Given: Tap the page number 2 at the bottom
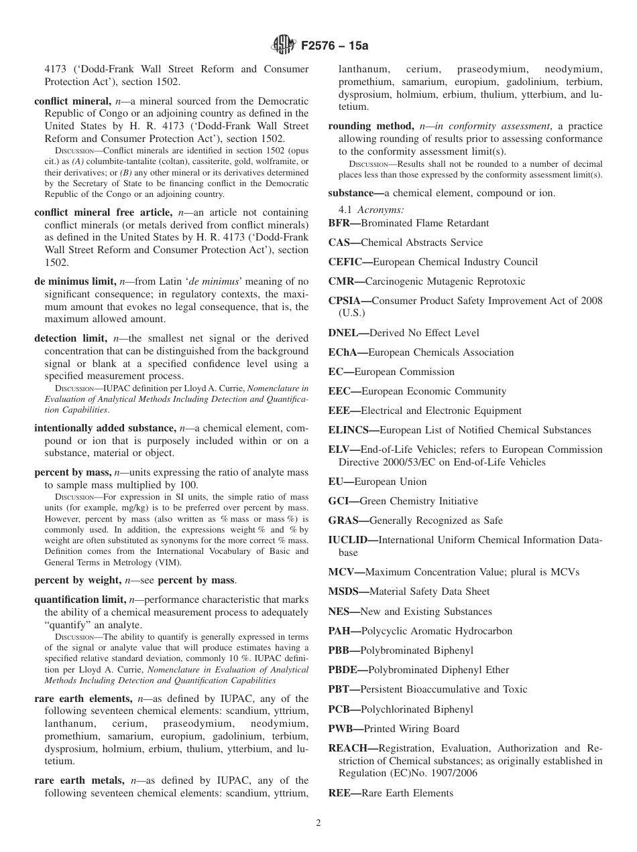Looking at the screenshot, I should [x=318, y=823].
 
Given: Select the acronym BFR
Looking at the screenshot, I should [x=342, y=223].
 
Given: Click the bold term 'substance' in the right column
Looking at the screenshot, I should [x=353, y=193].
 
